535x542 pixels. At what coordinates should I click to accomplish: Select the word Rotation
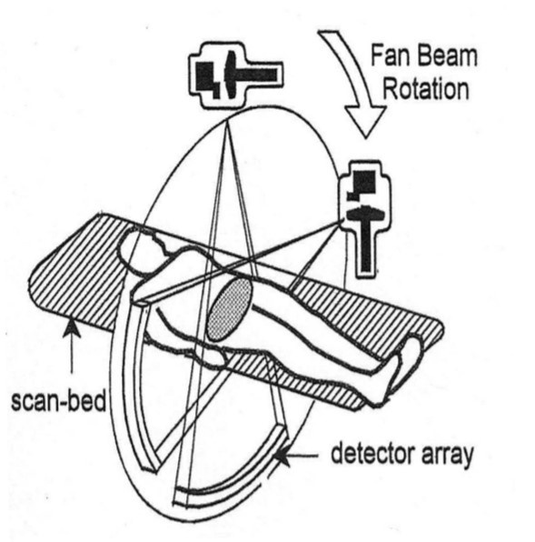click(426, 89)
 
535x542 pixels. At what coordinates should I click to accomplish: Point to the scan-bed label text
click(59, 401)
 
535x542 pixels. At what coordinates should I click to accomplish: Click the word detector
click(372, 453)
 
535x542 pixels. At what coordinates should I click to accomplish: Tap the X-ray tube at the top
click(236, 75)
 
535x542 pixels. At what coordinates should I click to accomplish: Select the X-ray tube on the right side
click(366, 218)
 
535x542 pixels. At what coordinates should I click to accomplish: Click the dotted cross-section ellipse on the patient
click(229, 310)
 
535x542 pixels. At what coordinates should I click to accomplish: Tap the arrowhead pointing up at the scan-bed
click(72, 328)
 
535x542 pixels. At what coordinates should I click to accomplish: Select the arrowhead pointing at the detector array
click(283, 457)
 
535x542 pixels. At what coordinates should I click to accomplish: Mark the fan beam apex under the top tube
click(227, 120)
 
